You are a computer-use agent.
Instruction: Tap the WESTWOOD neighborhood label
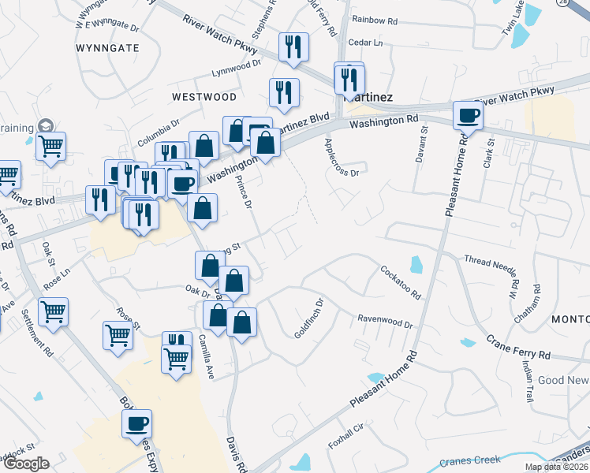point(204,97)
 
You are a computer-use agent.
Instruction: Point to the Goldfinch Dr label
point(309,318)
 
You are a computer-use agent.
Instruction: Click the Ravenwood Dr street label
point(386,323)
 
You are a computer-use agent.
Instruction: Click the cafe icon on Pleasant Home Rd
point(468,115)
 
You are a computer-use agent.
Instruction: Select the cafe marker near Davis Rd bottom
point(136,423)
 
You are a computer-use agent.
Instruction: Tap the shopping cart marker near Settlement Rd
point(53,311)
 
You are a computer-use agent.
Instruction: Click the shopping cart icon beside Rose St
point(118,334)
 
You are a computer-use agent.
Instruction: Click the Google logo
point(25,464)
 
